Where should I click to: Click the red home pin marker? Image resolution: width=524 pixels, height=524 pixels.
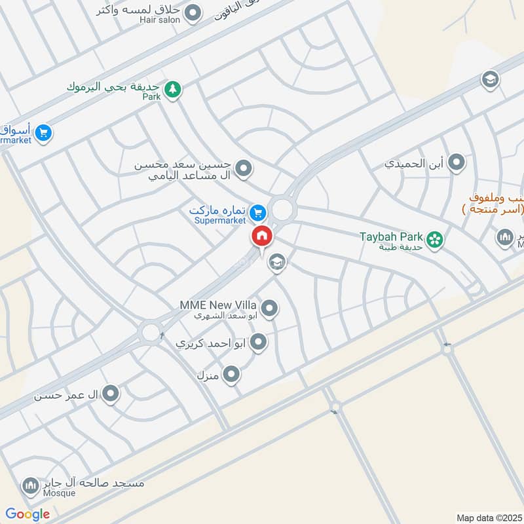(x=261, y=236)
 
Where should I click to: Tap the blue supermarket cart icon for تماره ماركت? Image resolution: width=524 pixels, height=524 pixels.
(x=258, y=212)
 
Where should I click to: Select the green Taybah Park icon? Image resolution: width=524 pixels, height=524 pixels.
(x=434, y=240)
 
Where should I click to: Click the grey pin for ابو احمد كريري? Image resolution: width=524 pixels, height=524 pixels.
(x=259, y=341)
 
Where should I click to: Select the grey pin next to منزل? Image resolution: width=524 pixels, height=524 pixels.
(x=231, y=375)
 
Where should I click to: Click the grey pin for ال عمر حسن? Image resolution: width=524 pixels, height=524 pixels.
(x=111, y=394)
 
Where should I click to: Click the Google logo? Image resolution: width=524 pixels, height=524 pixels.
(x=28, y=514)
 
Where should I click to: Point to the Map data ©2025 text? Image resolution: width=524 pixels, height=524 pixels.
(x=489, y=517)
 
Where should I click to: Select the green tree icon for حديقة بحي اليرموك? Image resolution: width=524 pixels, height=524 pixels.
(x=172, y=89)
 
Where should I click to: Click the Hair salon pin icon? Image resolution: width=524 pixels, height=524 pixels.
(x=193, y=12)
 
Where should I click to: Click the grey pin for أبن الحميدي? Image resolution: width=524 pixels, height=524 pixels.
(x=457, y=162)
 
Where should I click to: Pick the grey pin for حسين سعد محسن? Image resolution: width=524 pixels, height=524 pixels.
(x=244, y=170)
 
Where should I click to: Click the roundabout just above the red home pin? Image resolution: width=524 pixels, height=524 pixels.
(x=282, y=210)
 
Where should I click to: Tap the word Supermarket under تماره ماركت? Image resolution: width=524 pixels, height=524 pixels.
(x=220, y=221)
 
